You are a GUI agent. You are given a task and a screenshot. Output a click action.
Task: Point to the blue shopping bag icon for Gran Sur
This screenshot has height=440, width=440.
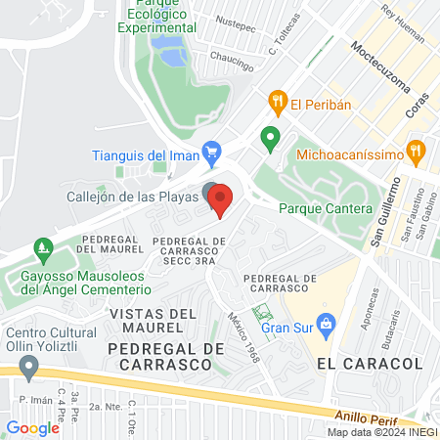click(329, 323)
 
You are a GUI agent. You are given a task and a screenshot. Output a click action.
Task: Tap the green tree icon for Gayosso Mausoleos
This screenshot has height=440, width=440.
click(40, 248)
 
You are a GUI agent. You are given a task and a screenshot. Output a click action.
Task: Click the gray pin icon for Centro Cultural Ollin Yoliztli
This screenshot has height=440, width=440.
click(28, 367)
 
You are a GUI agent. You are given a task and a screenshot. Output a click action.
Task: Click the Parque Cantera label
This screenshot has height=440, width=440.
click(326, 209)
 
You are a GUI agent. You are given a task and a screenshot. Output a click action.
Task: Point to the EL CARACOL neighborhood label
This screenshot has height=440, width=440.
click(370, 363)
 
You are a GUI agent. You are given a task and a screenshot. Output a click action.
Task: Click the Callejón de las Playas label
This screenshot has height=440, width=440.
click(132, 196)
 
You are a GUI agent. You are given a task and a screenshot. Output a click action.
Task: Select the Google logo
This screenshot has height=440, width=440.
click(32, 427)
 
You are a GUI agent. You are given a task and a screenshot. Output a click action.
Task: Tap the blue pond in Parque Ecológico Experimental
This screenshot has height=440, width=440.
click(173, 54)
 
